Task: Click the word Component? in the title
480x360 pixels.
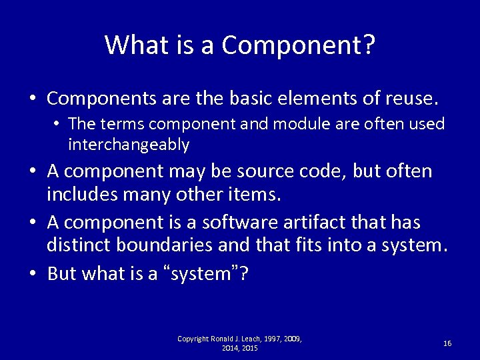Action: pos(299,45)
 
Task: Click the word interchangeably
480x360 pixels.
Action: pos(129,145)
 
